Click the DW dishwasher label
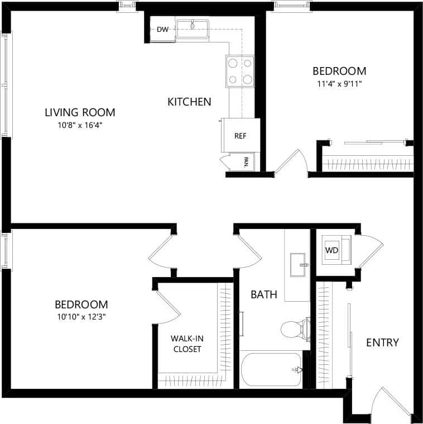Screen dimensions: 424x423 pyautogui.click(x=162, y=30)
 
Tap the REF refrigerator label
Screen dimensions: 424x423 pyautogui.click(x=240, y=136)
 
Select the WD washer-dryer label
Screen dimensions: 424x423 pyautogui.click(x=332, y=250)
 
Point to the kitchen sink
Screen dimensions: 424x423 pyautogui.click(x=192, y=26)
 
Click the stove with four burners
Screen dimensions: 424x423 pyautogui.click(x=241, y=71)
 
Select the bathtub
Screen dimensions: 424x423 pyautogui.click(x=271, y=370)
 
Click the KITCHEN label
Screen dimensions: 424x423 pyautogui.click(x=189, y=102)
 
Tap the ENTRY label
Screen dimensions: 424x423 pyautogui.click(x=382, y=342)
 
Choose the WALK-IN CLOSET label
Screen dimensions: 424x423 pyautogui.click(x=186, y=344)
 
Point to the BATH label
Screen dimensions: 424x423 pyautogui.click(x=263, y=294)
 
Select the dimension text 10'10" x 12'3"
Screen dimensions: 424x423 pyautogui.click(x=81, y=317)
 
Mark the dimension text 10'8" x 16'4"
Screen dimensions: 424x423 pyautogui.click(x=80, y=125)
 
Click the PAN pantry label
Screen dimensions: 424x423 pyautogui.click(x=246, y=162)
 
